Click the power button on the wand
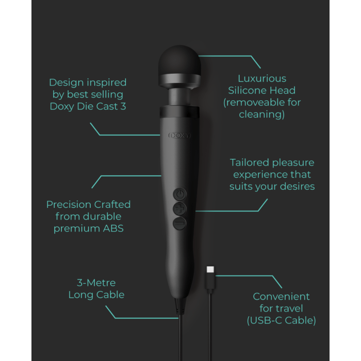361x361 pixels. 180,194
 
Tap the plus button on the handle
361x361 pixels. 180,209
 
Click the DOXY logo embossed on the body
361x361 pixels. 179,135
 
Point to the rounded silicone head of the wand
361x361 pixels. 179,60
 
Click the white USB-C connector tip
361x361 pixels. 210,269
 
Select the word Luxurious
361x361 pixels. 262,78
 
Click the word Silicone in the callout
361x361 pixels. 247,90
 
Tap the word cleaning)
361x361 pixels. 262,114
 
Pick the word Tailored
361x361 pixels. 249,162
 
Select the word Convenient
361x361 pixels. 281,297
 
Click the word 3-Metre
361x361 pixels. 96,283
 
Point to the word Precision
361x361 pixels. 69,204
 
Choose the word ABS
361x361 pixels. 113,228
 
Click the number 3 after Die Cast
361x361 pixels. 123,106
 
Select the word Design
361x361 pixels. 67,83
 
